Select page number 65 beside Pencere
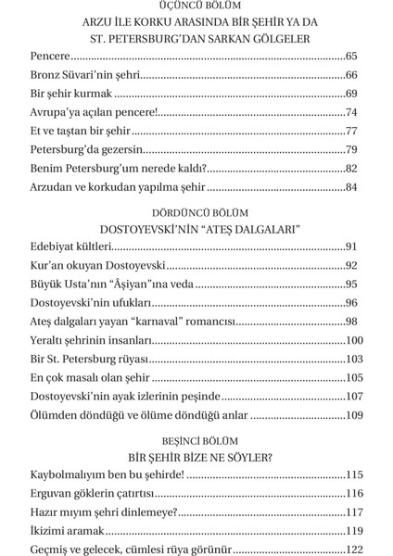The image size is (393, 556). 350,58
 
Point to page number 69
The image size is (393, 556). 350,95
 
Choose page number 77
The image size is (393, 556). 350,131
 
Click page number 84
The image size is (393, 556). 350,187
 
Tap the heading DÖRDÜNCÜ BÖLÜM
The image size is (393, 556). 196,211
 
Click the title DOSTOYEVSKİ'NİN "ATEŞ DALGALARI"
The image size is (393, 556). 196,228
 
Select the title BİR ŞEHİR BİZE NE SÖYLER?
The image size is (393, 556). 196,457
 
